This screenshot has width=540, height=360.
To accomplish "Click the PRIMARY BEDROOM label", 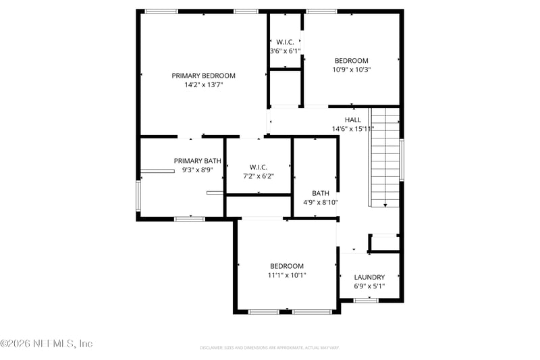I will click(x=203, y=76).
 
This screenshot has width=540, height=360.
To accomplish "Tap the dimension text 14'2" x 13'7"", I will click(x=203, y=85).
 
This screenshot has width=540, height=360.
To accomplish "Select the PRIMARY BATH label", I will click(x=197, y=161).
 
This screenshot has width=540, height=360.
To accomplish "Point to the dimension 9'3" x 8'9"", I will click(x=197, y=170).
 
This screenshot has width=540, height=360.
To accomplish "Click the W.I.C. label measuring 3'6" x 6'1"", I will click(x=285, y=42).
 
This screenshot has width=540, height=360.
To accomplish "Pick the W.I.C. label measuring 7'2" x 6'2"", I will click(x=259, y=167).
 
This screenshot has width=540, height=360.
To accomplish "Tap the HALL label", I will click(x=352, y=120).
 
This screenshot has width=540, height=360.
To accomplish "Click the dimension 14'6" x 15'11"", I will click(x=352, y=129).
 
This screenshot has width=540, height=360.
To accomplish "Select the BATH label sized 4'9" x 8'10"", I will click(x=320, y=193).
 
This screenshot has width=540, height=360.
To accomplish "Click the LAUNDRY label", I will click(x=369, y=277).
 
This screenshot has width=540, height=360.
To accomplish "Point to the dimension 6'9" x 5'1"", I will click(x=369, y=286).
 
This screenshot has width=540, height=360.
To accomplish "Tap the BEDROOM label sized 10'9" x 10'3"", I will click(x=351, y=60).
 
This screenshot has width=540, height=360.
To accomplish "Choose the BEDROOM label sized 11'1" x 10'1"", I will click(x=287, y=266).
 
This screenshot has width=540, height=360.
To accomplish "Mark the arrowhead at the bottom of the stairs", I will click(x=385, y=204).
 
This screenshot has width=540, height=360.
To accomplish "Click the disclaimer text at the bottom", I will click(x=269, y=348).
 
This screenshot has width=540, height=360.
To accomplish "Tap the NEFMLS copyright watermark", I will click(x=46, y=344).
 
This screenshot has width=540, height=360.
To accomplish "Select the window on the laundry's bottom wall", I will click(x=366, y=300).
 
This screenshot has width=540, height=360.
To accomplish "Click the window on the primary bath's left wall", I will click(x=138, y=196).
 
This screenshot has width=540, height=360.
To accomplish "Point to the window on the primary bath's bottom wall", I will click(x=190, y=218).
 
